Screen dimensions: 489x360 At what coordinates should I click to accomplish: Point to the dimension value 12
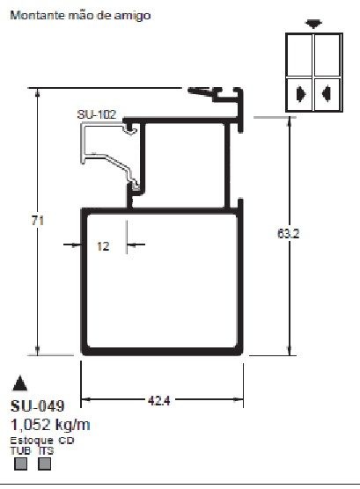tap(103, 247)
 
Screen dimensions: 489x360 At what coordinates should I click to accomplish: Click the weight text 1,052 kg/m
tap(49, 424)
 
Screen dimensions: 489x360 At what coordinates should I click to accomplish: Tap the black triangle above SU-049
tap(19, 383)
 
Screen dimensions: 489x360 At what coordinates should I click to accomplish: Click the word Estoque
tap(29, 439)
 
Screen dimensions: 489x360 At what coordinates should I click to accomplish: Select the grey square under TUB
tap(18, 463)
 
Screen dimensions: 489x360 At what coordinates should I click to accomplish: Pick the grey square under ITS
tap(45, 463)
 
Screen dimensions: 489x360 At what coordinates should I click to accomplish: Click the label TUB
tap(18, 449)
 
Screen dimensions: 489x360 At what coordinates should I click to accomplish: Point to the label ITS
tap(46, 449)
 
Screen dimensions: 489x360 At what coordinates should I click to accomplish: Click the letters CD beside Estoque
tap(66, 439)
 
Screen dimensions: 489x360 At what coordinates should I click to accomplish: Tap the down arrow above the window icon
tap(312, 24)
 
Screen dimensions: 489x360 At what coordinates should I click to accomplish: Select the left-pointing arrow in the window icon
tap(326, 91)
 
